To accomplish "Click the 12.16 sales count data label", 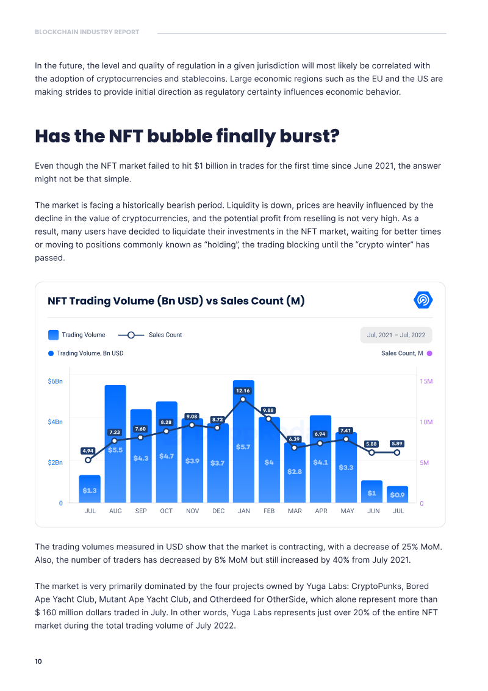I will point(243,390).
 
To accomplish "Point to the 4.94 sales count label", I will point(88,451).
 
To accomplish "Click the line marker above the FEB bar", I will point(268,419).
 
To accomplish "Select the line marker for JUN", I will point(371,453).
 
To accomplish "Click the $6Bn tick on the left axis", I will point(56,381).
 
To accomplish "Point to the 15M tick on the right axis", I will point(426,381).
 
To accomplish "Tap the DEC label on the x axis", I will point(218,511).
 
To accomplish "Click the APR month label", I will point(321,511).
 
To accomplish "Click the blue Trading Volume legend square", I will point(53,335).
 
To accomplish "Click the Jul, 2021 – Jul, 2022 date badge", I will point(396,335).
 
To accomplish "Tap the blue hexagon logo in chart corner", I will point(423,300).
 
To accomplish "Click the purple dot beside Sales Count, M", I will point(429,353).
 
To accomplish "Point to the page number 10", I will point(38,662).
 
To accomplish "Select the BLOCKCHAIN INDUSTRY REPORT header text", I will point(87,32).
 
